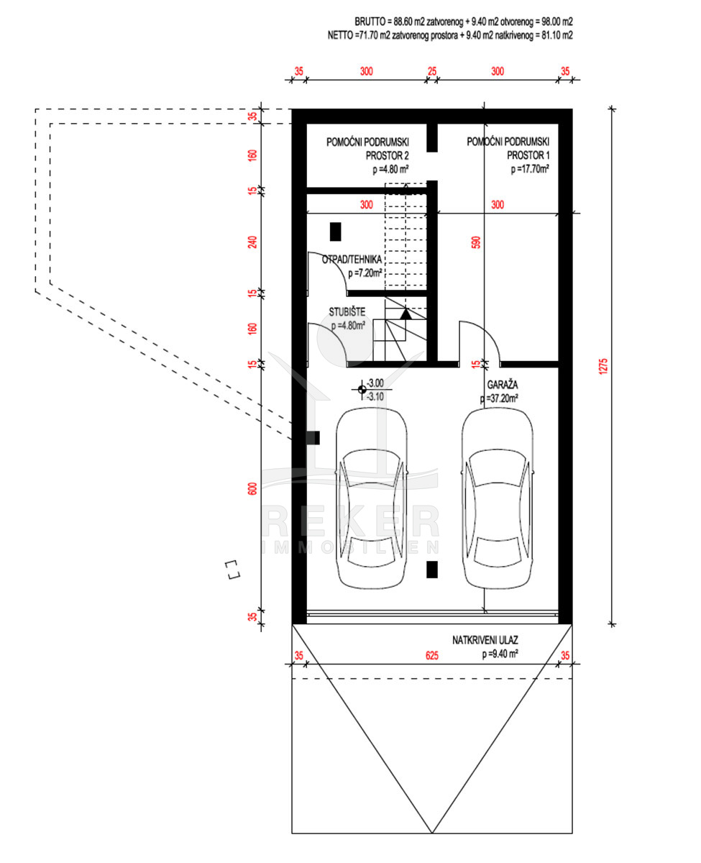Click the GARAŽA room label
point(502,385)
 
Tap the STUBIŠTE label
point(347,312)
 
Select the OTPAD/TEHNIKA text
point(352,260)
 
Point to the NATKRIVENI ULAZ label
point(485,640)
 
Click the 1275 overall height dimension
point(603,366)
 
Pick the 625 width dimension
point(431,656)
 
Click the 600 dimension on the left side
point(252,488)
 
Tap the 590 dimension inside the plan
point(477,242)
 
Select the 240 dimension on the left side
point(252,242)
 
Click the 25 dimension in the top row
point(432,71)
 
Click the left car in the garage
point(372,498)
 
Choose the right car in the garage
point(498,498)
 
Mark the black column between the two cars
point(432,569)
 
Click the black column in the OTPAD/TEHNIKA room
point(335,232)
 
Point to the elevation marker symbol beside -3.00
point(362,390)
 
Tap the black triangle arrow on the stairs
point(406,314)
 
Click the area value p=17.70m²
point(530,169)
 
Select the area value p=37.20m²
point(499,398)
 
